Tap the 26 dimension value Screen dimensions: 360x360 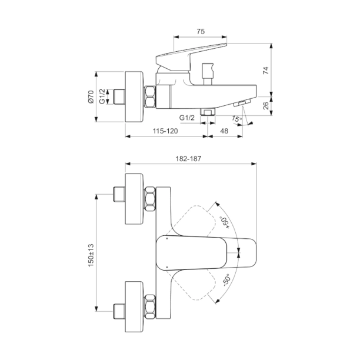coord(266,105)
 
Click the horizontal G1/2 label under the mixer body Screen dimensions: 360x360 coord(187,118)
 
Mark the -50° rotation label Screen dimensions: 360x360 coord(225,281)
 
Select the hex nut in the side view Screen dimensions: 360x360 coord(150,96)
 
